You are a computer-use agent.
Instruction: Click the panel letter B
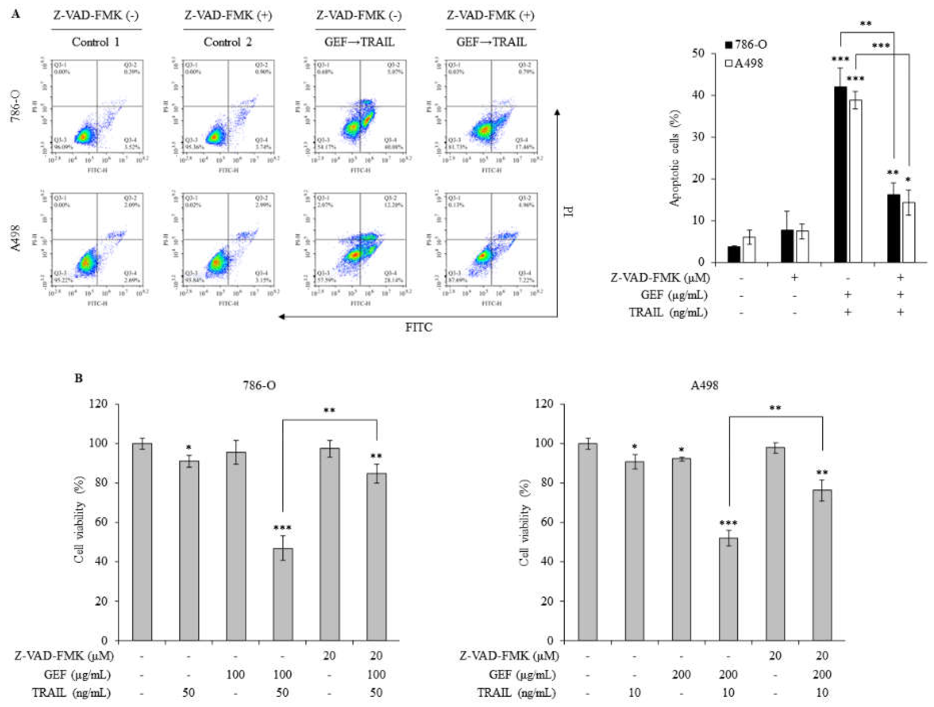point(79,378)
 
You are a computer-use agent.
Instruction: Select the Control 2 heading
point(228,42)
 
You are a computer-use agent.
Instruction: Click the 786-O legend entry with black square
point(745,44)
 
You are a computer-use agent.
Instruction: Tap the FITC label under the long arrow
point(418,327)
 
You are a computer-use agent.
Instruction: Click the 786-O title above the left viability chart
point(259,385)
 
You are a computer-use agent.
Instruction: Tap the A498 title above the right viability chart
point(704,385)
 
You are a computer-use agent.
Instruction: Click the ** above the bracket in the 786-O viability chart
point(329,410)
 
